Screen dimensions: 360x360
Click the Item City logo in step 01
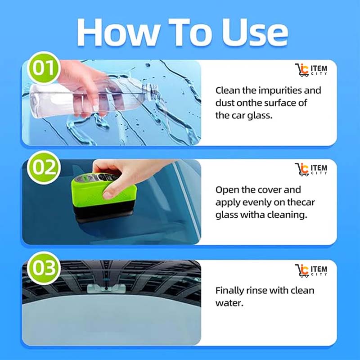point(311,71)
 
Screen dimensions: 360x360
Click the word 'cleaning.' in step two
point(286,215)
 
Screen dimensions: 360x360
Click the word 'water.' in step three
point(229,303)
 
